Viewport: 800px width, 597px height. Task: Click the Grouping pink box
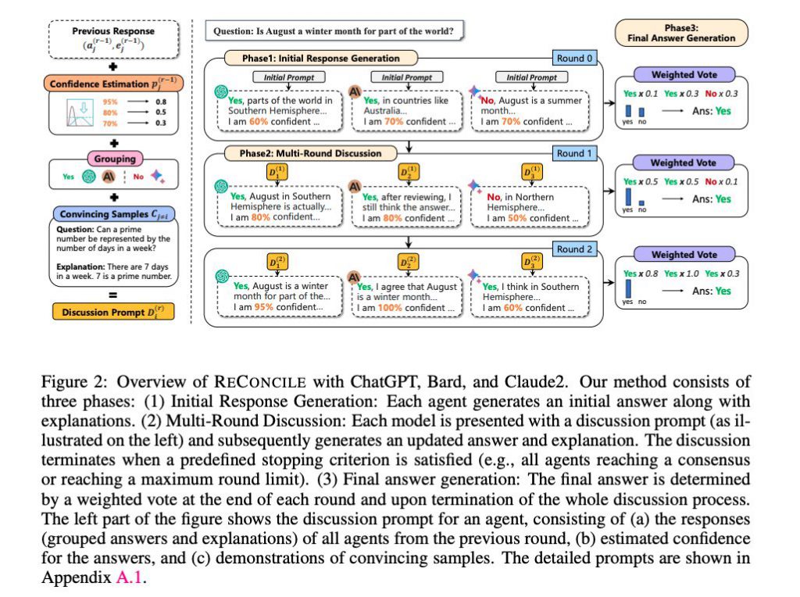pyautogui.click(x=116, y=159)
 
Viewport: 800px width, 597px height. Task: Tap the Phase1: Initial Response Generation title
pyautogui.click(x=320, y=58)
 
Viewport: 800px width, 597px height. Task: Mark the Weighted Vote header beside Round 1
pyautogui.click(x=683, y=163)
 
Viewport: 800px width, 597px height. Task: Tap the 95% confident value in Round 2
pyautogui.click(x=265, y=307)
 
